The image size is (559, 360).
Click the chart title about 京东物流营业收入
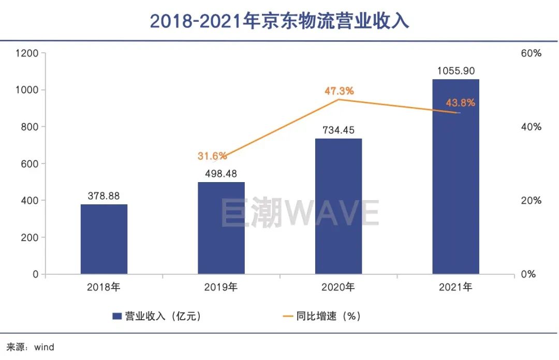coord(279,21)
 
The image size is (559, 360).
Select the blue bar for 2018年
coord(104,239)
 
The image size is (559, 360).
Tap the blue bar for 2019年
coord(221,228)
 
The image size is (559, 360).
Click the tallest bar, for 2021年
coord(456,176)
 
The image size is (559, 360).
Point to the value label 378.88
coord(104,197)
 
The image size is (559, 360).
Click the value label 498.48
coord(221,174)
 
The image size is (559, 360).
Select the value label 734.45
coord(339,130)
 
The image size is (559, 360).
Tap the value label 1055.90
coord(456,71)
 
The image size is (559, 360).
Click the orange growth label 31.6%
coord(212,156)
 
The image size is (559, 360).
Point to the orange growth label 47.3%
coord(339,91)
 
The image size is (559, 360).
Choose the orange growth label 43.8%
coord(460,103)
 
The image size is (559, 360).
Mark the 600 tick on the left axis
coord(30,164)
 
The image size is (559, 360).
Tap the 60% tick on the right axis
coord(531,53)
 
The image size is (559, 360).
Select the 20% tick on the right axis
coord(531,201)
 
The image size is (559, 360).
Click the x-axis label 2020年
coord(339,287)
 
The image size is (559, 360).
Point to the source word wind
coord(44,347)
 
